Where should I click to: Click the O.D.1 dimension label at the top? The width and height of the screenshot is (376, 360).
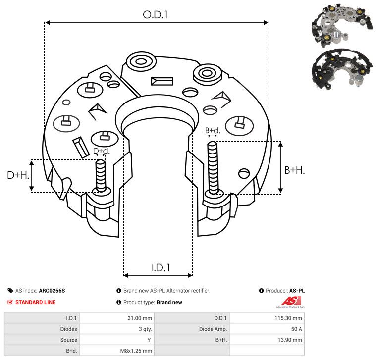click(155, 15)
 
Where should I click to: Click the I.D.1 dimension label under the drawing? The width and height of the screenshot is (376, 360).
click(161, 268)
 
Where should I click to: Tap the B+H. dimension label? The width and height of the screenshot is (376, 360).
click(294, 170)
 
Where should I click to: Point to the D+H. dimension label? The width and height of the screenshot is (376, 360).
click(18, 175)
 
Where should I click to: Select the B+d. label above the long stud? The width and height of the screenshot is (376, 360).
click(213, 131)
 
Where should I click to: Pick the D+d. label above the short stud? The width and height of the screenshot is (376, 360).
click(101, 151)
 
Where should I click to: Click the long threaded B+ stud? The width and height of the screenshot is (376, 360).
click(213, 167)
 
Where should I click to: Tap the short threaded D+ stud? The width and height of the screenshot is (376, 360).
click(101, 176)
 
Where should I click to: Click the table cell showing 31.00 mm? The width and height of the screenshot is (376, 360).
click(140, 318)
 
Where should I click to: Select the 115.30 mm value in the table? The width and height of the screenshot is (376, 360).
click(288, 318)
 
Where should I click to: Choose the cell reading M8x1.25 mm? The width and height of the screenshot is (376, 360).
click(136, 351)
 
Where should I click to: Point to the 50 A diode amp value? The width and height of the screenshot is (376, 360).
click(296, 329)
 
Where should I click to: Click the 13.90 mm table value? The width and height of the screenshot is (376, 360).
click(290, 340)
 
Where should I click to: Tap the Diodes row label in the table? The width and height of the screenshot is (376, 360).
click(68, 329)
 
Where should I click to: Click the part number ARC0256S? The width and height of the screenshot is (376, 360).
click(52, 291)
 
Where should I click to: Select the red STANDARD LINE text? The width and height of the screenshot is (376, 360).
click(36, 302)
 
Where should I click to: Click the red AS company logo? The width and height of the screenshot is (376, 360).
click(291, 301)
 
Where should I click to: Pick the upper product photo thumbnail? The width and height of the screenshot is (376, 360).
click(342, 25)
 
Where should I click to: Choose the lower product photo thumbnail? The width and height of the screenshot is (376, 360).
click(342, 69)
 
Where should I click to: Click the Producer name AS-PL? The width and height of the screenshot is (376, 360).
click(297, 291)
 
